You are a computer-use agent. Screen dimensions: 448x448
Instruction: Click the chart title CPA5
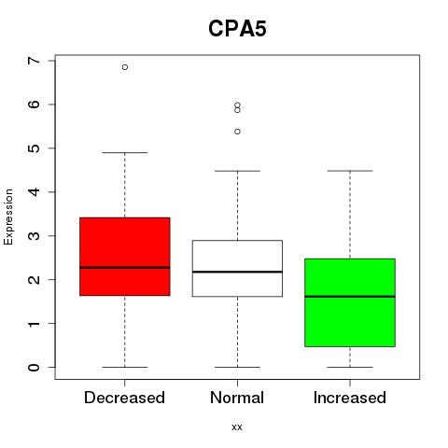[x=237, y=29]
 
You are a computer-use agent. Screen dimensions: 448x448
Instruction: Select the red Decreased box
[x=125, y=257]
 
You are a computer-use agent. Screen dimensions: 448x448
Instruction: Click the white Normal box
[x=237, y=268]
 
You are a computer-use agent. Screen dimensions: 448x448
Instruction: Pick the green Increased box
[x=350, y=302]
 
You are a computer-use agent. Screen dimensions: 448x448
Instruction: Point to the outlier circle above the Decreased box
[x=125, y=67]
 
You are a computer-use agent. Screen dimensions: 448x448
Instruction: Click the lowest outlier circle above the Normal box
[x=237, y=132]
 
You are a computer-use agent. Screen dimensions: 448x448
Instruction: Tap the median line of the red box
[x=125, y=267]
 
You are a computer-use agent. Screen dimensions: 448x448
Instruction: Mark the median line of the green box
[x=350, y=297]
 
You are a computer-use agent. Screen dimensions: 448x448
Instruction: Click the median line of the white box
[x=237, y=272]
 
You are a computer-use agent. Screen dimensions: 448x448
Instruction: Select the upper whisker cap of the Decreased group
[x=125, y=153]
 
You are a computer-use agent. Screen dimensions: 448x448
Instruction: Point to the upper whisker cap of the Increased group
[x=350, y=171]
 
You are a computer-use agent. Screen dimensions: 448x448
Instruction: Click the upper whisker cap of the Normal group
[x=237, y=171]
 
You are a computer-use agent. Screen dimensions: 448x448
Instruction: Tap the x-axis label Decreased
[x=124, y=398]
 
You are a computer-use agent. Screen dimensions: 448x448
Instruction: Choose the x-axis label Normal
[x=237, y=398]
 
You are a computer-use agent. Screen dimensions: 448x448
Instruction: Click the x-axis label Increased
[x=350, y=398]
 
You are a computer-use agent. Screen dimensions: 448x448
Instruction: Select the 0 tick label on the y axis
[x=34, y=367]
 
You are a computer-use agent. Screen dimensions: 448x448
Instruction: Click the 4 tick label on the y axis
[x=34, y=192]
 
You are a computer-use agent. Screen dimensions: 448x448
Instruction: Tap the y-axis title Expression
[x=8, y=217]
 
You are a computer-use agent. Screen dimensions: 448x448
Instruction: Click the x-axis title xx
[x=237, y=427]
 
